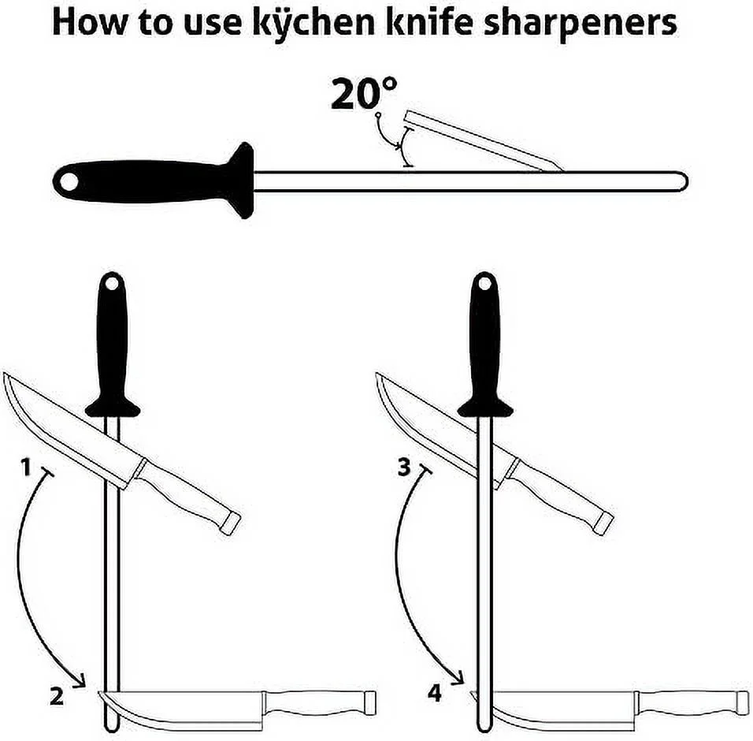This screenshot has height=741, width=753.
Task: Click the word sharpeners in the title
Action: click(x=581, y=24)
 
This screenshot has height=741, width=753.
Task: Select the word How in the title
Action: click(x=90, y=23)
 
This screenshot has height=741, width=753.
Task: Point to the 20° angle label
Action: click(x=364, y=93)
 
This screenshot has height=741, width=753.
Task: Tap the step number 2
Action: click(x=57, y=696)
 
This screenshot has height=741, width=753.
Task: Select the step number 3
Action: click(x=404, y=467)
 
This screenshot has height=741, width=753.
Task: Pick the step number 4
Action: click(x=435, y=694)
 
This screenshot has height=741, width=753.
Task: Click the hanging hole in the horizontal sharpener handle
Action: click(x=69, y=181)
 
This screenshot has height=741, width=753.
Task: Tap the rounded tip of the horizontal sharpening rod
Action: click(x=684, y=181)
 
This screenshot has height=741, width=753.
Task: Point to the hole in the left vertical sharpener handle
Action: click(x=112, y=283)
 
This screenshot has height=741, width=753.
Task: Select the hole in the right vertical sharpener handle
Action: click(x=484, y=283)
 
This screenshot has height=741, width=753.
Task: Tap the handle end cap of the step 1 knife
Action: click(x=231, y=523)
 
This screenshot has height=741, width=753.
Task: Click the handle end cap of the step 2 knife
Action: click(x=369, y=703)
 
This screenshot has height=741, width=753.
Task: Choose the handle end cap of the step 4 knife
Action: click(x=743, y=703)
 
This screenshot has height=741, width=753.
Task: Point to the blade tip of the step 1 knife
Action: click(x=5, y=374)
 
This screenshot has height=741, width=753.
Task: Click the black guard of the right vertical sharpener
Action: click(x=484, y=407)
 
